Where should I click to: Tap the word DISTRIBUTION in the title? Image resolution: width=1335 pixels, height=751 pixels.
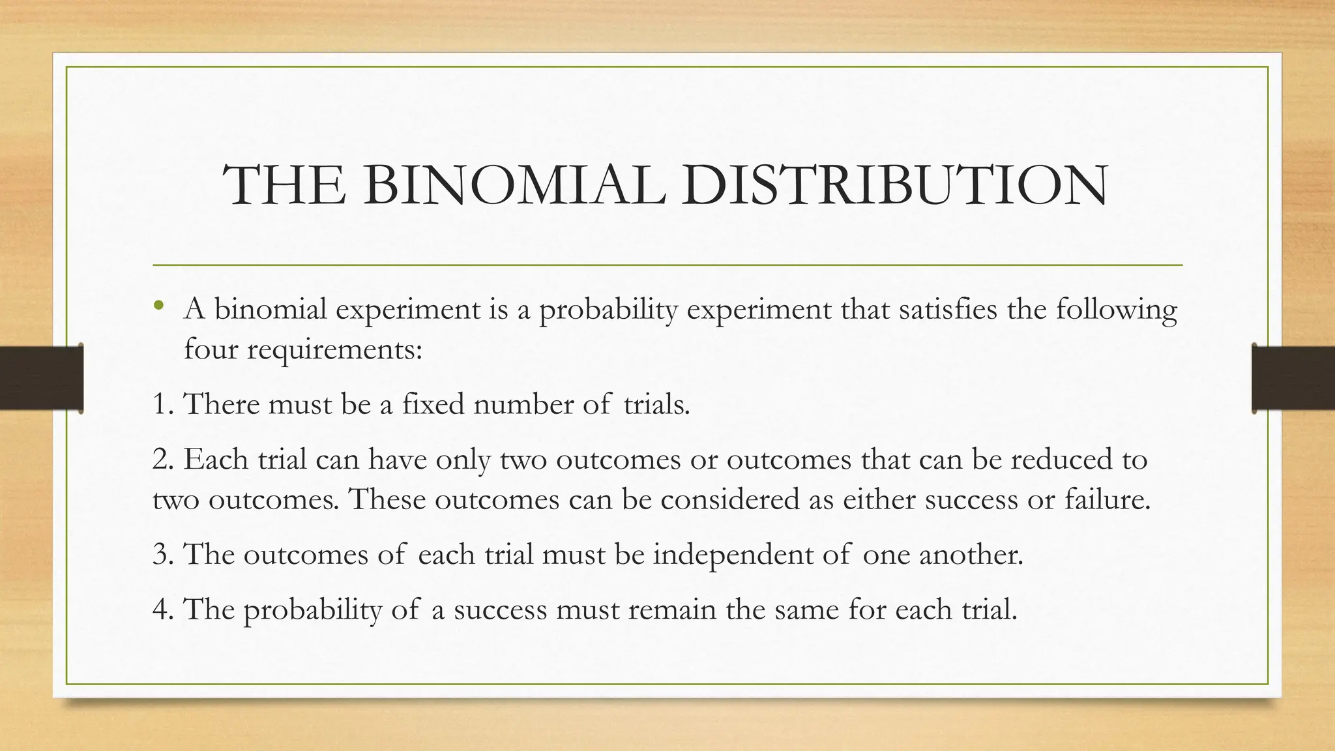894,186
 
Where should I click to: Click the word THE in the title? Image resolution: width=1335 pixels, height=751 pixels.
284,186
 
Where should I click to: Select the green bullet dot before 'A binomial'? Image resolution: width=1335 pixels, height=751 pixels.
159,306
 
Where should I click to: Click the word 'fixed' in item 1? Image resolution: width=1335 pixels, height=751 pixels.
433,405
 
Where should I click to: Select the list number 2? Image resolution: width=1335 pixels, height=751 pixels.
162,460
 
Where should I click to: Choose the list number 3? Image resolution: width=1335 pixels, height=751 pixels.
162,555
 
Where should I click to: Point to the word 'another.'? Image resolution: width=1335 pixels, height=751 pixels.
971,555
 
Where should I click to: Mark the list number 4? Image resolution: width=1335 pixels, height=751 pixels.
162,610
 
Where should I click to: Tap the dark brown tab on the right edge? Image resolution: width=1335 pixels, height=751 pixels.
1293,378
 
